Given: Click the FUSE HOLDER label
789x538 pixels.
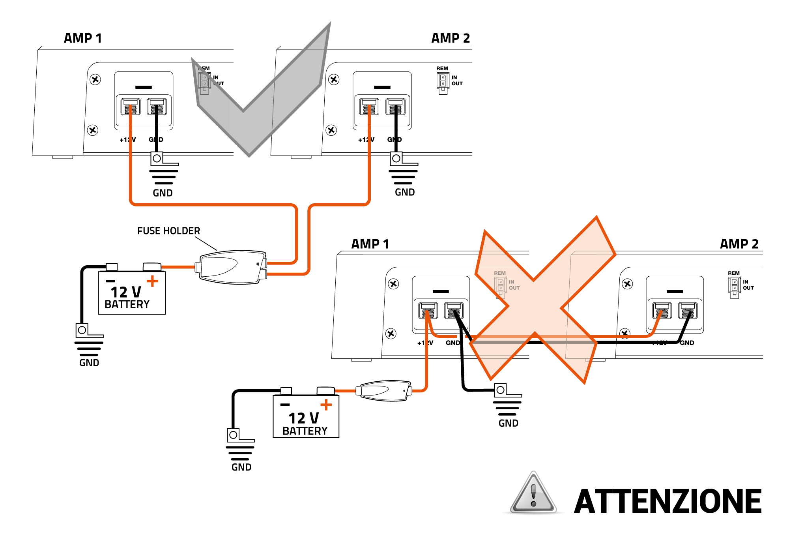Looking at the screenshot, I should coord(168,231).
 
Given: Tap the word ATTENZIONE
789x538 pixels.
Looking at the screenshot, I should coord(667,501).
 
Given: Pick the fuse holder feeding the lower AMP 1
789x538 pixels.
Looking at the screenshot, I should coord(385,390).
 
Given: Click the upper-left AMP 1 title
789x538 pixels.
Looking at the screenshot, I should coord(83,38).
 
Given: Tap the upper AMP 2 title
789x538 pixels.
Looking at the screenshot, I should coord(451,38).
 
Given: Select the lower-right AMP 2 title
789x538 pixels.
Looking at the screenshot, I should coord(739,244).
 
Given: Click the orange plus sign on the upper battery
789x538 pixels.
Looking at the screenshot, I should coord(152,281).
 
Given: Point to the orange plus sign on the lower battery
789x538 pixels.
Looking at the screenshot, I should coord(326,405).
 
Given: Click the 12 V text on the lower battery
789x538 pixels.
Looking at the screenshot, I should coord(303,418).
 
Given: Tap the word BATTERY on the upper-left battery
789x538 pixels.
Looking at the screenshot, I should coord(127,304).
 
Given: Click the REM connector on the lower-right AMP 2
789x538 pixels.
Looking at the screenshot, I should coord(734,286).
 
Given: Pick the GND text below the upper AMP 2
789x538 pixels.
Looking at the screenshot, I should coord(405,192).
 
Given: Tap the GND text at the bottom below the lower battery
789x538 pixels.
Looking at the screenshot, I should coord(241,467).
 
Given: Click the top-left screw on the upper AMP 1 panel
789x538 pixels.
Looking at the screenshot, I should coord(95,79).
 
